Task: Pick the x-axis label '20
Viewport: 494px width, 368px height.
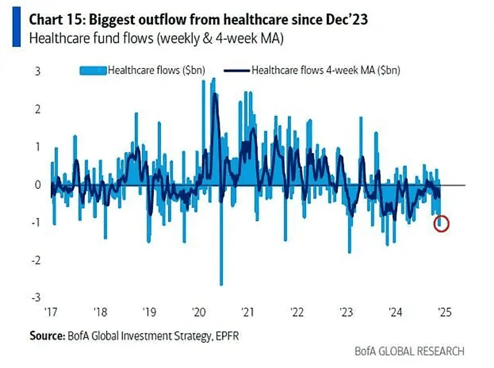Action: click(198, 312)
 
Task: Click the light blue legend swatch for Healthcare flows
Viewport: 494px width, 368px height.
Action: click(93, 70)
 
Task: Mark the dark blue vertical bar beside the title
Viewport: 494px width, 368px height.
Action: click(17, 27)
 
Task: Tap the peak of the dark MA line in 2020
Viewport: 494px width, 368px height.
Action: click(214, 95)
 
